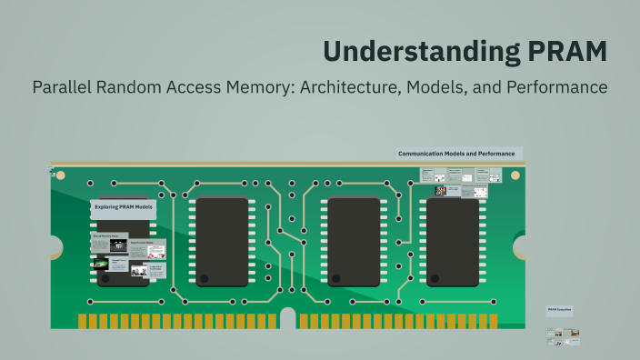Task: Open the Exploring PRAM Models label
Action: pyautogui.click(x=123, y=208)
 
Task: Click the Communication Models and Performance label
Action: pyautogui.click(x=456, y=154)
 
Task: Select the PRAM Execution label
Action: pyautogui.click(x=558, y=310)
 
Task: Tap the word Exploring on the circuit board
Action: pyautogui.click(x=109, y=208)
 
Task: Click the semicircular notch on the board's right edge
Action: pyautogui.click(x=521, y=246)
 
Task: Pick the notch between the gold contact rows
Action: pyautogui.click(x=287, y=319)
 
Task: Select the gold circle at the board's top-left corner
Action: pyautogui.click(x=54, y=172)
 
